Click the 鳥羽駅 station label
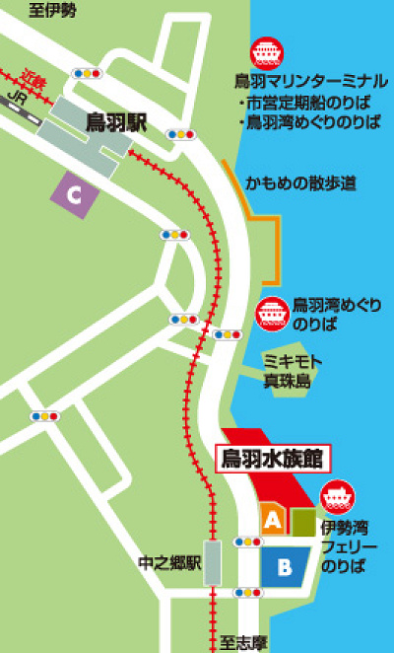coord(115,122)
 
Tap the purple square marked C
coord(74,195)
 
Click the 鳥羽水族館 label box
coord(273,459)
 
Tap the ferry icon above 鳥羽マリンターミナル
coord(266,52)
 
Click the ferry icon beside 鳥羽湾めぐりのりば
coord(272,314)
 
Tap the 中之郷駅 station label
coord(169,564)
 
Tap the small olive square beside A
coord(303,520)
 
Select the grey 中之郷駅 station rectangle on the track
coord(212,563)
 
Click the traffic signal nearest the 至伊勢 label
coord(87,73)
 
